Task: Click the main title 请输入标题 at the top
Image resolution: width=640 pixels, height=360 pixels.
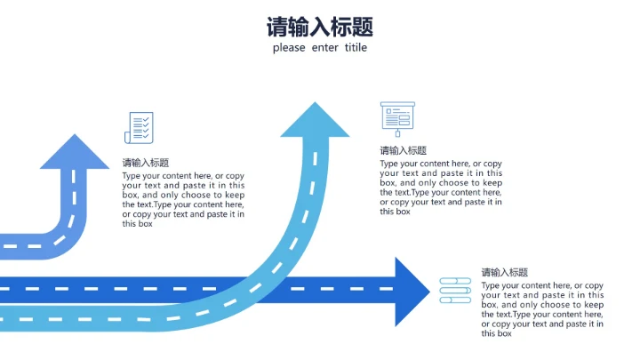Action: coord(319,26)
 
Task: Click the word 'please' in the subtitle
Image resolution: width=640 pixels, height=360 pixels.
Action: coord(289,48)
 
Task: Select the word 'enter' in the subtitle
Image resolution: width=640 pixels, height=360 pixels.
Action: coord(324,48)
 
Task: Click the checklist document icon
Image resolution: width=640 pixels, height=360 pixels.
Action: coord(139,127)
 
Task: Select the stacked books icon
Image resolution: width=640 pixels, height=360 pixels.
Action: coord(455,290)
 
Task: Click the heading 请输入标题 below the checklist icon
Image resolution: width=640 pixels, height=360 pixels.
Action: coord(146,163)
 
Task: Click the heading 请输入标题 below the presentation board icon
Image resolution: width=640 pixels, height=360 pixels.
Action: coord(404,150)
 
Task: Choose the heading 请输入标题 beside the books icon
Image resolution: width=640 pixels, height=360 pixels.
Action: coord(505,272)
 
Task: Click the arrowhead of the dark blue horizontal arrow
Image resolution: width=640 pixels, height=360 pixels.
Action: coord(410,291)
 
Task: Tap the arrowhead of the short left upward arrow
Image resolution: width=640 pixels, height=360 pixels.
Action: coord(75,153)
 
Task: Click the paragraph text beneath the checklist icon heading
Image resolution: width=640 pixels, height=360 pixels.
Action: coord(183,200)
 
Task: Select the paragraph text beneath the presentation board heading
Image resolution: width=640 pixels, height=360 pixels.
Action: coord(441,188)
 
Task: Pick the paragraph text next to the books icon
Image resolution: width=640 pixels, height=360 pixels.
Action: coord(542,309)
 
